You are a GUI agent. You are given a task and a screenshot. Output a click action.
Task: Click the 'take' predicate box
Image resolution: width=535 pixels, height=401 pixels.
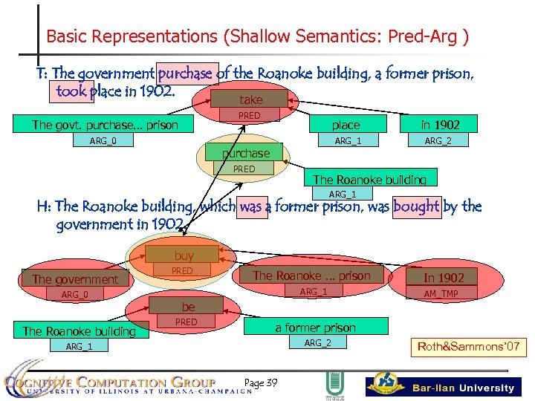click(251, 100)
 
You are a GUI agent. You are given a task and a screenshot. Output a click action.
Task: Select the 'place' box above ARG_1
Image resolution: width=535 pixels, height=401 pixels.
click(346, 125)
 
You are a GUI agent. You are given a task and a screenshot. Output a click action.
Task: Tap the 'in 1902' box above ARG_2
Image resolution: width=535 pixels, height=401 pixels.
click(440, 125)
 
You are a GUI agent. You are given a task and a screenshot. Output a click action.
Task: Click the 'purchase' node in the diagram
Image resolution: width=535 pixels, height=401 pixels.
click(246, 154)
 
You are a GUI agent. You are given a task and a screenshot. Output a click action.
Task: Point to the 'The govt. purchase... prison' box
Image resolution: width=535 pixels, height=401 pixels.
click(105, 125)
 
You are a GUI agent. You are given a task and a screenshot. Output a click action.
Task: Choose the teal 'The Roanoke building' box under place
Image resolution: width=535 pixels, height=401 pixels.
click(369, 179)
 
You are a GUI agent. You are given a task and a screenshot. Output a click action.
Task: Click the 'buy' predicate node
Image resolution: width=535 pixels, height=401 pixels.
click(184, 255)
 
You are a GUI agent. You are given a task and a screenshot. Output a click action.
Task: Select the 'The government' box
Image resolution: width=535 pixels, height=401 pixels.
click(75, 279)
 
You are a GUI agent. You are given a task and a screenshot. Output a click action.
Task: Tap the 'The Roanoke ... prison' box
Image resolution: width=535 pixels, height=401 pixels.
click(311, 276)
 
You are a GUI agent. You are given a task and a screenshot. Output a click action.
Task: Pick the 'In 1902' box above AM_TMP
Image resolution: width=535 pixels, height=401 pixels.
click(444, 277)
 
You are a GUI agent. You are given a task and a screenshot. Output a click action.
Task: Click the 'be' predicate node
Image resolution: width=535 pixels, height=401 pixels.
click(189, 307)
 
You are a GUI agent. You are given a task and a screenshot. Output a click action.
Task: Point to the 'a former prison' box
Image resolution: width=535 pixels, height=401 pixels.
click(316, 327)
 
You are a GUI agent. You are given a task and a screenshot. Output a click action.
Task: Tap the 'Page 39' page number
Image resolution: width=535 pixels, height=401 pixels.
click(261, 383)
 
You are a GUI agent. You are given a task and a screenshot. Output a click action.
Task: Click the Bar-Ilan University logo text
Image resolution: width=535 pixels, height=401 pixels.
click(464, 388)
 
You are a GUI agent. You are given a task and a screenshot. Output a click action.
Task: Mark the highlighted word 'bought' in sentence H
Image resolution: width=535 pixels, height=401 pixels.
click(416, 206)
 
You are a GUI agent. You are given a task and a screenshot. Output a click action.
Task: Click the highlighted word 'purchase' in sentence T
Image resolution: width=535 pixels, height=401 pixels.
click(185, 74)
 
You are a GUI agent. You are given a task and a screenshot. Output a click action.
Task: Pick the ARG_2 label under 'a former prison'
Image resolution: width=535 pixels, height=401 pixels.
click(318, 342)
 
